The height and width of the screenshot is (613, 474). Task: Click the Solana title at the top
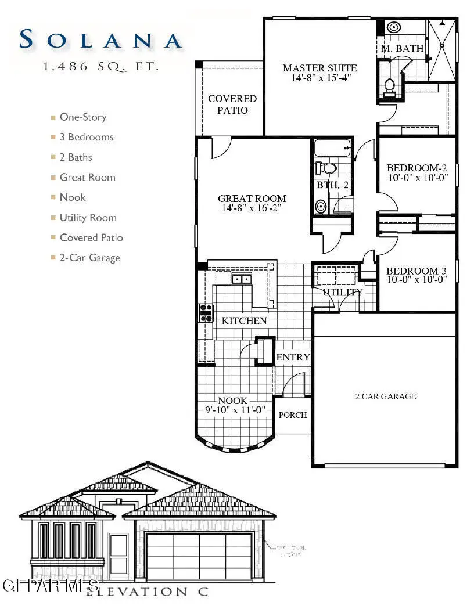click(100, 39)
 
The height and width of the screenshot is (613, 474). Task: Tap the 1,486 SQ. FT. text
click(100, 67)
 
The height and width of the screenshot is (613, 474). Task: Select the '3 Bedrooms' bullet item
click(87, 137)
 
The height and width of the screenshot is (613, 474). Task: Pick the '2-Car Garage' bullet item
click(89, 258)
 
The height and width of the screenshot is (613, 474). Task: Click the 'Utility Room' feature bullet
click(88, 218)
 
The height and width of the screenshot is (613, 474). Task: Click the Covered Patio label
click(232, 104)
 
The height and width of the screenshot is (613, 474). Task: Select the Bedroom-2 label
click(417, 169)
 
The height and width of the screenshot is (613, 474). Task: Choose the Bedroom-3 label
click(417, 271)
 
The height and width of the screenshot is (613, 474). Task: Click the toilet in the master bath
click(390, 86)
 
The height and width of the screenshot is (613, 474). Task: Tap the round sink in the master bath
click(393, 27)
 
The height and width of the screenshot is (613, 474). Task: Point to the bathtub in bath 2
click(332, 148)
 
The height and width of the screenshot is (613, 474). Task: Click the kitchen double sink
click(242, 279)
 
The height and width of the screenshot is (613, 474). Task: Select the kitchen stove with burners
click(206, 313)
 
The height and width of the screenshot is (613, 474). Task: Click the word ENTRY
click(293, 357)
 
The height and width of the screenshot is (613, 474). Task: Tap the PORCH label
click(293, 415)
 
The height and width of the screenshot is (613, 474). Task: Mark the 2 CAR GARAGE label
click(385, 396)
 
